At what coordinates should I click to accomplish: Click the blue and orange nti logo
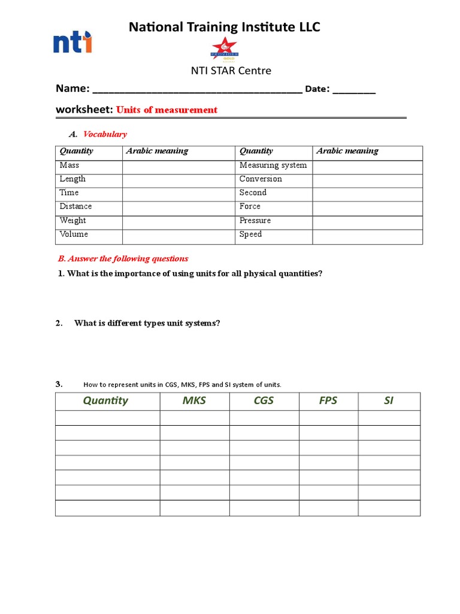click(x=72, y=43)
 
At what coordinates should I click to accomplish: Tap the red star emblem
click(x=225, y=47)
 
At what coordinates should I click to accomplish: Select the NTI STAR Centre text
click(x=230, y=71)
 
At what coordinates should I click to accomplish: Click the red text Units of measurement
click(x=167, y=110)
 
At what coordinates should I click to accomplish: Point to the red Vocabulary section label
click(x=105, y=134)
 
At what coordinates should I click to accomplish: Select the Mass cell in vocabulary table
click(x=69, y=165)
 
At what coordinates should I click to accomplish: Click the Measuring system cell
click(x=273, y=165)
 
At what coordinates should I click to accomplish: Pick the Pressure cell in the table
click(x=255, y=220)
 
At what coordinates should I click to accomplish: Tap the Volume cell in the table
click(x=74, y=234)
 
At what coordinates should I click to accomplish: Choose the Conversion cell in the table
click(x=261, y=179)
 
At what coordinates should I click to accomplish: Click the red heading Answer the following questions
click(x=123, y=258)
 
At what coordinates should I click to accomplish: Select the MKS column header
click(x=194, y=401)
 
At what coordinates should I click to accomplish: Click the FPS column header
click(x=328, y=401)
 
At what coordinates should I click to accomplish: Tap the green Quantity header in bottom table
click(x=105, y=401)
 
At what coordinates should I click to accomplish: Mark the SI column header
click(x=389, y=401)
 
